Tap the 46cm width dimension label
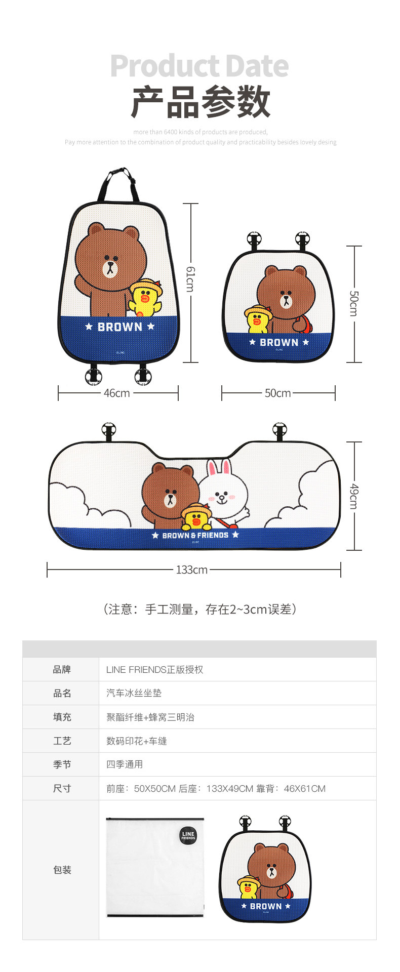tap(117, 393)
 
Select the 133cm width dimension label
tap(191, 570)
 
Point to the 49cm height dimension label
tap(354, 496)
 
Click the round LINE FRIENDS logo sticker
tap(188, 835)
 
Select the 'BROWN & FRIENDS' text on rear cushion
tap(195, 535)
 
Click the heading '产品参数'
tap(200, 102)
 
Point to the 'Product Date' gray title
tap(199, 66)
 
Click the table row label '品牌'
tap(62, 670)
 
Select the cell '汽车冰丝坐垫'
tap(134, 694)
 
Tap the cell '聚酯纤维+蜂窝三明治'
tap(150, 717)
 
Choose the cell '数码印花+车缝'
tap(136, 741)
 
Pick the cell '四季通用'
tap(125, 764)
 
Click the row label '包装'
tap(62, 870)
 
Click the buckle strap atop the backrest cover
tap(118, 183)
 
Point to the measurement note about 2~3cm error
tap(200, 610)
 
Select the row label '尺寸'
tap(62, 788)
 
